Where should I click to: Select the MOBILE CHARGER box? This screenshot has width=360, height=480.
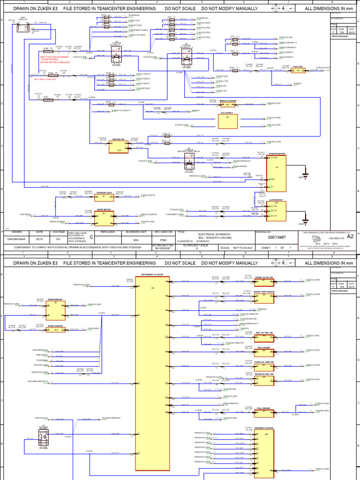227,105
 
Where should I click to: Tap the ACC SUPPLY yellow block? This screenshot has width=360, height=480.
227,121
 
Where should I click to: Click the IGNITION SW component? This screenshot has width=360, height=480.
118,147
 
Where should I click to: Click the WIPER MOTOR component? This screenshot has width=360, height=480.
104,218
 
